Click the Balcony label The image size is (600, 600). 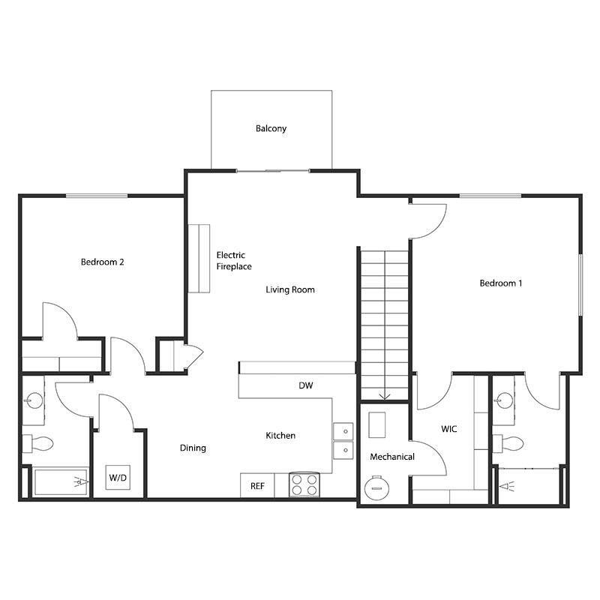(271, 128)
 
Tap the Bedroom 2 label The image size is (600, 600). (102, 262)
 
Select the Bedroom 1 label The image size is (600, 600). (500, 283)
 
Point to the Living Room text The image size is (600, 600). (290, 289)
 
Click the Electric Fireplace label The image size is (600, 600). (233, 260)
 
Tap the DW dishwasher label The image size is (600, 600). (305, 385)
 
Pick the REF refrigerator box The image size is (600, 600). (257, 485)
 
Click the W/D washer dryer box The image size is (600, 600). (118, 477)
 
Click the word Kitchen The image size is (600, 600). (280, 436)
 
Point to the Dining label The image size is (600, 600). (193, 448)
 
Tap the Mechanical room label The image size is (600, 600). (392, 457)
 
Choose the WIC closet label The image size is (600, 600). (449, 429)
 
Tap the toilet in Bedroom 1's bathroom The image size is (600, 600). (511, 442)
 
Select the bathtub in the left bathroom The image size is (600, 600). (61, 481)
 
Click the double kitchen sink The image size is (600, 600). (343, 441)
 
